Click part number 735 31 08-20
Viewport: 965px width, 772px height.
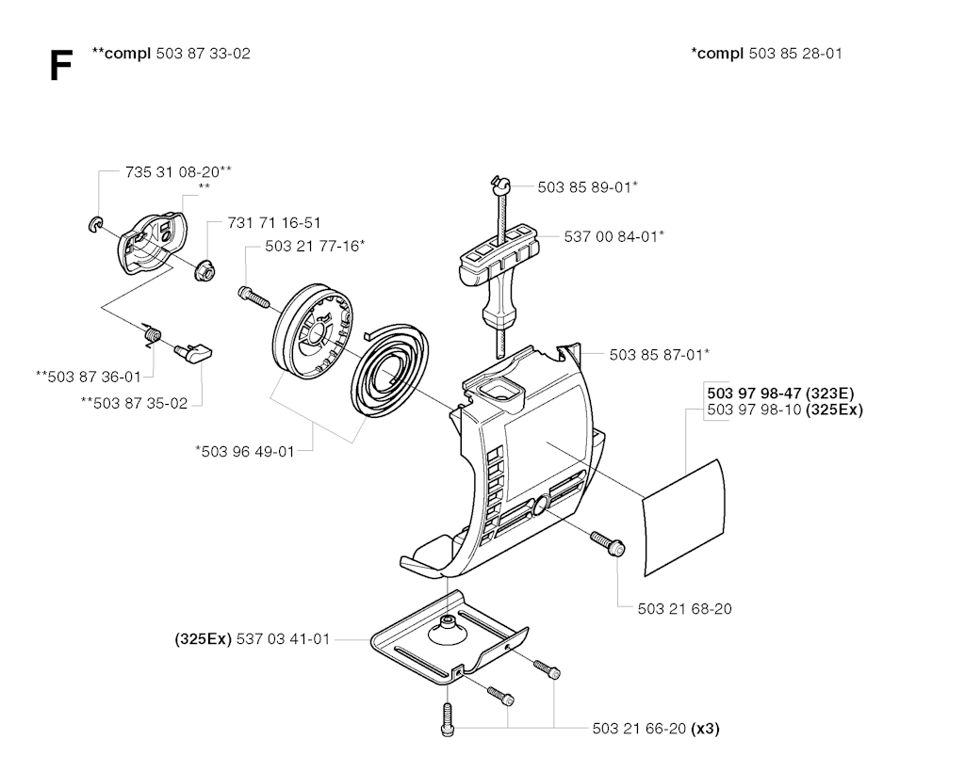[178, 171]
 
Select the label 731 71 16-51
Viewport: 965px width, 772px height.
[274, 223]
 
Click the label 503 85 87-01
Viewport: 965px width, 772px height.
[659, 355]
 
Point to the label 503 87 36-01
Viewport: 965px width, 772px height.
[88, 377]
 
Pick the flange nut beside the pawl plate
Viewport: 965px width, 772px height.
[203, 270]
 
